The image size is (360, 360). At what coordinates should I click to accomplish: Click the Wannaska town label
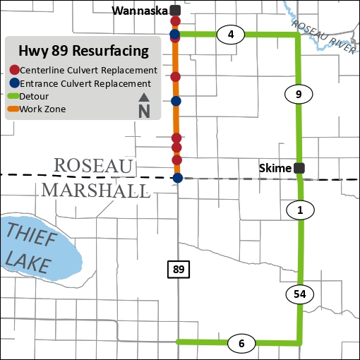[140, 11]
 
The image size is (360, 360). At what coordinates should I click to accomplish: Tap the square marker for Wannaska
[175, 11]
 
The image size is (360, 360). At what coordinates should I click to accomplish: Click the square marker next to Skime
[299, 168]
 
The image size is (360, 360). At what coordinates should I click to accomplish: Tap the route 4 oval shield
[230, 34]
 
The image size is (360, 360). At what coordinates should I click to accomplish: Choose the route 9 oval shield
[299, 94]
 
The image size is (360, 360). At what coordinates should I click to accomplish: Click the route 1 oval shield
[300, 209]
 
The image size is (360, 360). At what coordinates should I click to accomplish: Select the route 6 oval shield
[241, 344]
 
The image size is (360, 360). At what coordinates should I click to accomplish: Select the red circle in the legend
[15, 71]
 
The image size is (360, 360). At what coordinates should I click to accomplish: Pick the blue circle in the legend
[15, 83]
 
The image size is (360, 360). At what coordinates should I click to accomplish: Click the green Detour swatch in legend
[13, 96]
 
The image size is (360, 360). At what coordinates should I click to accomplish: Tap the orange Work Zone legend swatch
[13, 109]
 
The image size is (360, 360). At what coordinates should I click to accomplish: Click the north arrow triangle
[143, 97]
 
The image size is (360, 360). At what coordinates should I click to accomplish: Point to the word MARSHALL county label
[95, 190]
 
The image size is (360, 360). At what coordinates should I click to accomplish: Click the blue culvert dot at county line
[178, 178]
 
